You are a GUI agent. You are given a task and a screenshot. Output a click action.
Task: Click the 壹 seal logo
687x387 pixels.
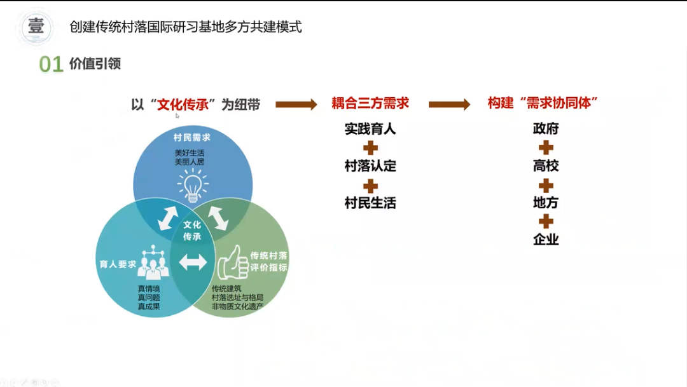[36, 27]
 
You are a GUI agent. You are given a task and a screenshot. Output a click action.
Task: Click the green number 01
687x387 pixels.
[52, 64]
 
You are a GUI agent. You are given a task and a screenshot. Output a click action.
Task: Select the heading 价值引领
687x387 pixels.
[95, 64]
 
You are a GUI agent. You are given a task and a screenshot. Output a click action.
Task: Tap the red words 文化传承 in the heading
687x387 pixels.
[183, 105]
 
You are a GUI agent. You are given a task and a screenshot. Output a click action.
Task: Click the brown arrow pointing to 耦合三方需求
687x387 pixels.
[296, 104]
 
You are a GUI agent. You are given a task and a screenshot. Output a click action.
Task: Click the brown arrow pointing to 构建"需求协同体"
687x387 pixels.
[450, 104]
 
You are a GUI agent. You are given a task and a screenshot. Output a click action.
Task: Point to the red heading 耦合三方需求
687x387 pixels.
[370, 104]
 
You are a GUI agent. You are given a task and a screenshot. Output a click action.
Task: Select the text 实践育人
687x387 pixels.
[370, 129]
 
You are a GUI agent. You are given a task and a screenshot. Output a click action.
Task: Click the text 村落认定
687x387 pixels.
[370, 166]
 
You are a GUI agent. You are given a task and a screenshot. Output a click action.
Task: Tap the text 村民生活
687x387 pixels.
[370, 203]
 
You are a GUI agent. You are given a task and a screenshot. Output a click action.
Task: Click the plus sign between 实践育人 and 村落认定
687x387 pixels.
[371, 148]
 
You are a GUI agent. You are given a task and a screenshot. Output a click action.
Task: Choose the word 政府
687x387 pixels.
[546, 129]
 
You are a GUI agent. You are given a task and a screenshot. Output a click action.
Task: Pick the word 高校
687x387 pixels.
[546, 166]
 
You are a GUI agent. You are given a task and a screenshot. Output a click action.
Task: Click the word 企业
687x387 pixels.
[546, 239]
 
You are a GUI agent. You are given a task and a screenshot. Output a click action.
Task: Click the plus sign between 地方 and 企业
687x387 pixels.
[546, 222]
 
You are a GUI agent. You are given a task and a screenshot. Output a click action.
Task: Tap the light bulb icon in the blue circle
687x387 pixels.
[193, 186]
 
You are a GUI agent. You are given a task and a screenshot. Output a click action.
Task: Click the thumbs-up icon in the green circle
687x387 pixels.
[233, 262]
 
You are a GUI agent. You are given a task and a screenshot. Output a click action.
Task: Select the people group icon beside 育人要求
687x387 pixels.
[153, 262]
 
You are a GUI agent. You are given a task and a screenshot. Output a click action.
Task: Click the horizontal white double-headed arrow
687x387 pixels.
[193, 262]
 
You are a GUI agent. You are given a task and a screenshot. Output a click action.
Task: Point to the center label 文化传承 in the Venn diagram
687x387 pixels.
[192, 231]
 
